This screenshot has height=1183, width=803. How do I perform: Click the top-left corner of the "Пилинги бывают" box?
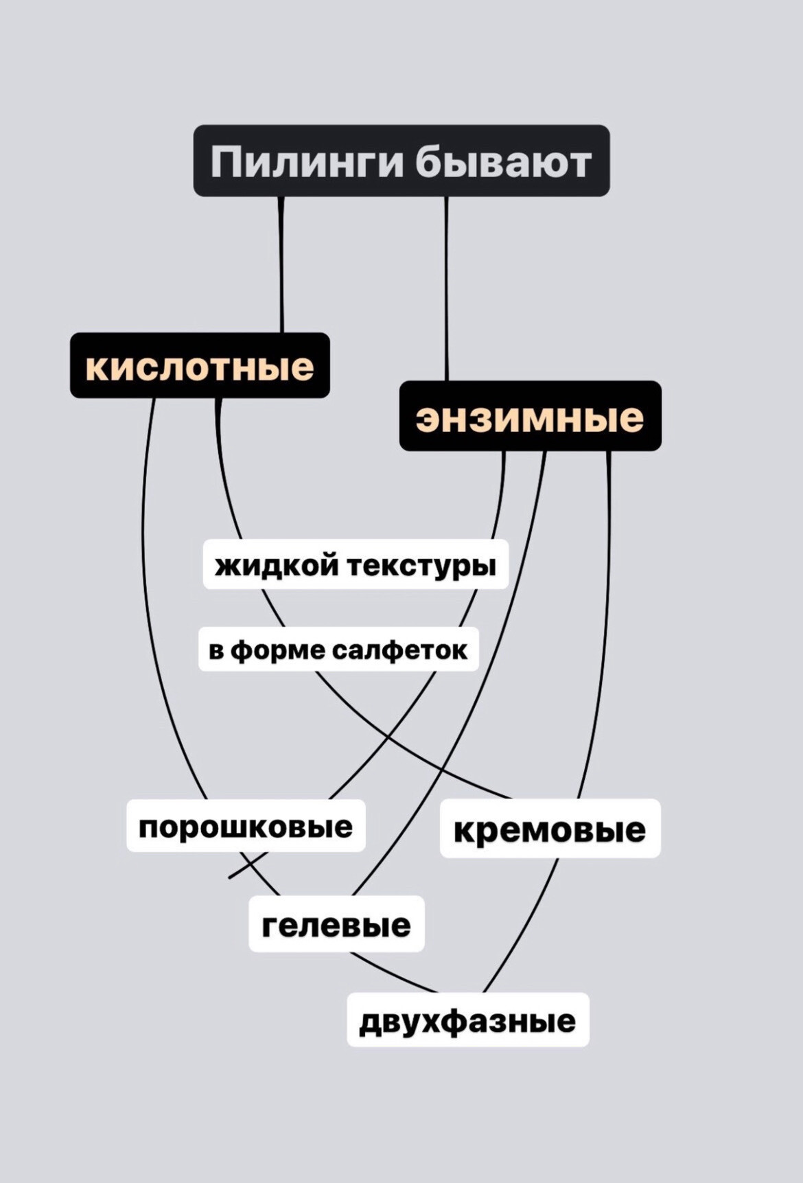194,126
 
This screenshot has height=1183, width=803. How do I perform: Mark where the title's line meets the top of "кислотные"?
281,333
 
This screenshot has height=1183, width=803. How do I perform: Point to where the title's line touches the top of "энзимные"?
447,381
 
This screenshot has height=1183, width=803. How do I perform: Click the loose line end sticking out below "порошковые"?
229,877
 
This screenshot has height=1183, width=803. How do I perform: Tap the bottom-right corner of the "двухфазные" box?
588,1046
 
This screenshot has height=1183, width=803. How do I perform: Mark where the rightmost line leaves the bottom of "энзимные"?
609,451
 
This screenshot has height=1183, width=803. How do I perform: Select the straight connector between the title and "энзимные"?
447,288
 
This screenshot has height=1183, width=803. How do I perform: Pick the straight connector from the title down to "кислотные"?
281,264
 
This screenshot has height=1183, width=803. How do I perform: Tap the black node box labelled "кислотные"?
200,365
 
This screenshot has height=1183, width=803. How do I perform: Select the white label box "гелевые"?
336,924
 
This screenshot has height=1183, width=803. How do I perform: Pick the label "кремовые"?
550,829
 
